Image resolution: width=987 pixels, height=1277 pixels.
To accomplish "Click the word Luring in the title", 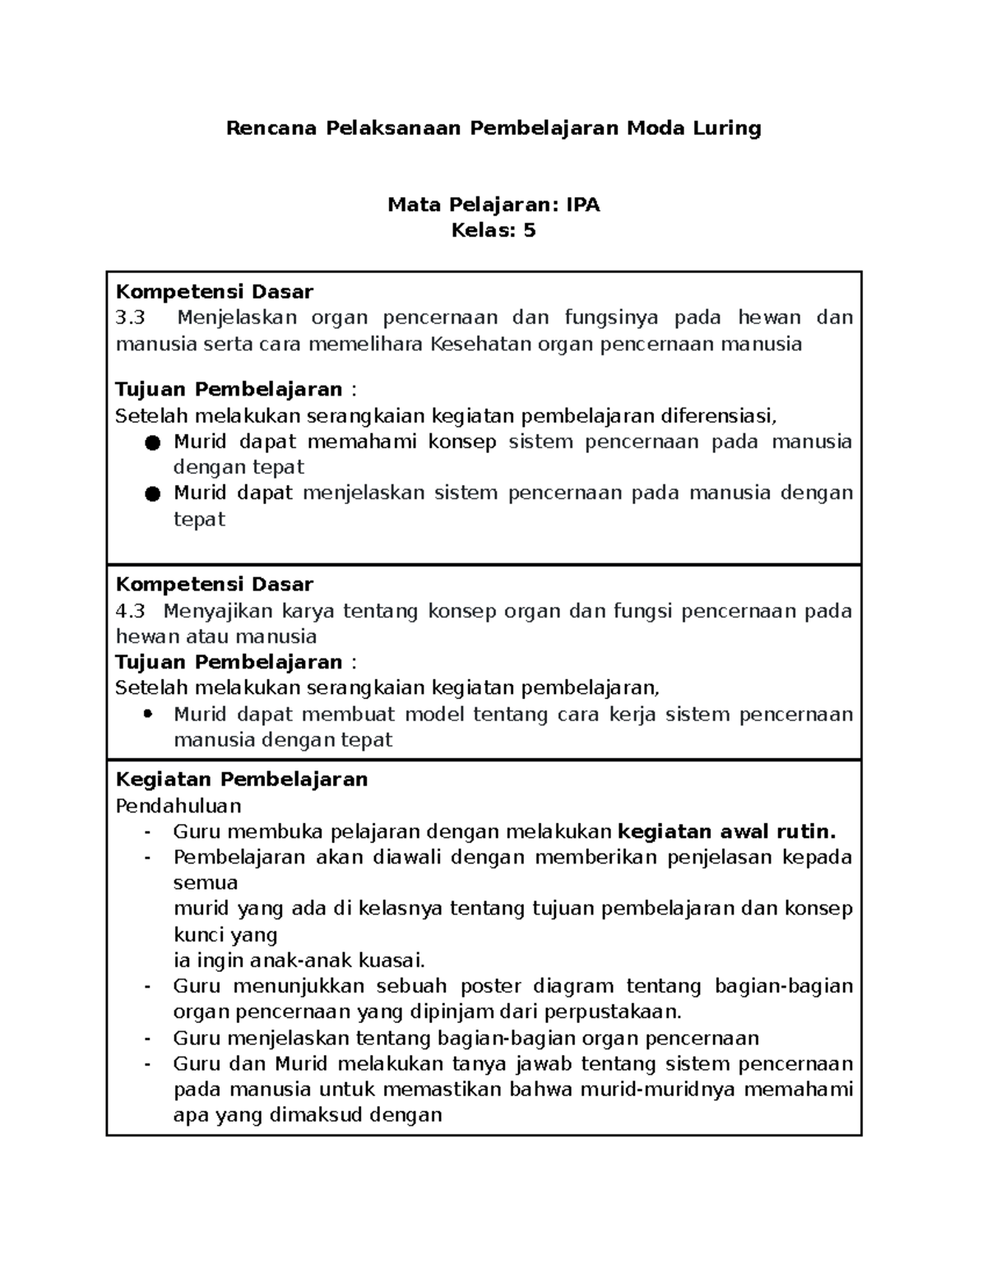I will [726, 128].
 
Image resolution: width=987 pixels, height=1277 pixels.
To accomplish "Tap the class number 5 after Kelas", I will [529, 230].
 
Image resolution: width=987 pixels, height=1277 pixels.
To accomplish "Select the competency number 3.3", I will [130, 317].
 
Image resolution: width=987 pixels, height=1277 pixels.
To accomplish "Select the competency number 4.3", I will [130, 611].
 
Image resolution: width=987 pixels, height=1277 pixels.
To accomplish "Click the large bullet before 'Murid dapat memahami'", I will [151, 443].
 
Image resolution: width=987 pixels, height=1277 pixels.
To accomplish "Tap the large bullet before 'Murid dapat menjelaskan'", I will [151, 494].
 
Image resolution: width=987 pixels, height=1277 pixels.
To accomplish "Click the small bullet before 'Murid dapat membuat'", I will [148, 714].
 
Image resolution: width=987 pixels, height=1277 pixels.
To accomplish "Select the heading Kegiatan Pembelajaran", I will [241, 779].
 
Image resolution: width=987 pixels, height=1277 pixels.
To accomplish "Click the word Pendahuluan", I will [178, 805].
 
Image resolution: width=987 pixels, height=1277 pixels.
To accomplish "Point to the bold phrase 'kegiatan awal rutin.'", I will [726, 831].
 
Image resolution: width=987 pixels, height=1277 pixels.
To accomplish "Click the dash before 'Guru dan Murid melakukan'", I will [147, 1064].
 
